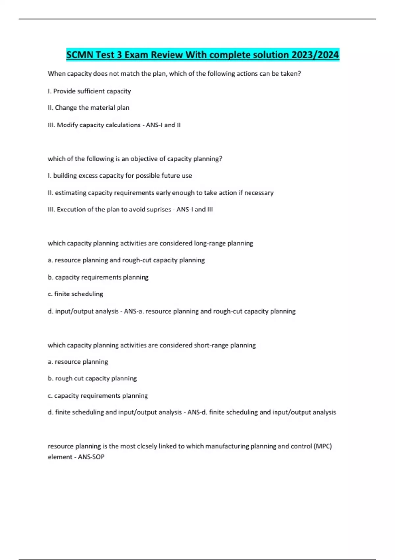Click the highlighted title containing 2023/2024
[x=202, y=55]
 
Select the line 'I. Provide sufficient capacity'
[x=89, y=91]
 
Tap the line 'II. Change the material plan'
[x=89, y=108]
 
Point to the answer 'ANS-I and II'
[x=163, y=125]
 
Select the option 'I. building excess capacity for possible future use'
[x=120, y=176]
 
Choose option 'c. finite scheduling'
[x=75, y=294]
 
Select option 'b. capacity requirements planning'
[x=98, y=277]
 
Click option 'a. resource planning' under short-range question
[x=78, y=362]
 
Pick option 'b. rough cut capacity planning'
[x=92, y=378]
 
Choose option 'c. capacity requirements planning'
[x=98, y=396]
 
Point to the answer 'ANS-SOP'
[x=91, y=457]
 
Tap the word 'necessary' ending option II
[x=259, y=193]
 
